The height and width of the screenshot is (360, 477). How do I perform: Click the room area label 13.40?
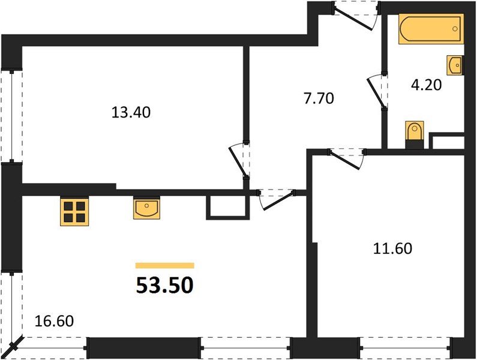[130, 112]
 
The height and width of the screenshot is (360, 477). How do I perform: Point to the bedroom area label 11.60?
[392, 248]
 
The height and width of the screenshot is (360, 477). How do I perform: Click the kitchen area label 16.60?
[55, 322]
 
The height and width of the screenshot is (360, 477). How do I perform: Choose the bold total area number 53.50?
[164, 286]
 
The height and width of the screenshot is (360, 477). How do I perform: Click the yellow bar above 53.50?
[164, 265]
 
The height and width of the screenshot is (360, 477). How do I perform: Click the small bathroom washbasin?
[455, 63]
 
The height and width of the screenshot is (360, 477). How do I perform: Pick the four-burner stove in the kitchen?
[74, 212]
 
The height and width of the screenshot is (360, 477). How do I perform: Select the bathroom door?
[377, 91]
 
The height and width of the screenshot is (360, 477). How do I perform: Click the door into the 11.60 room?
[347, 158]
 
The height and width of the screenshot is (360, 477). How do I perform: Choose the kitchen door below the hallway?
[276, 199]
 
